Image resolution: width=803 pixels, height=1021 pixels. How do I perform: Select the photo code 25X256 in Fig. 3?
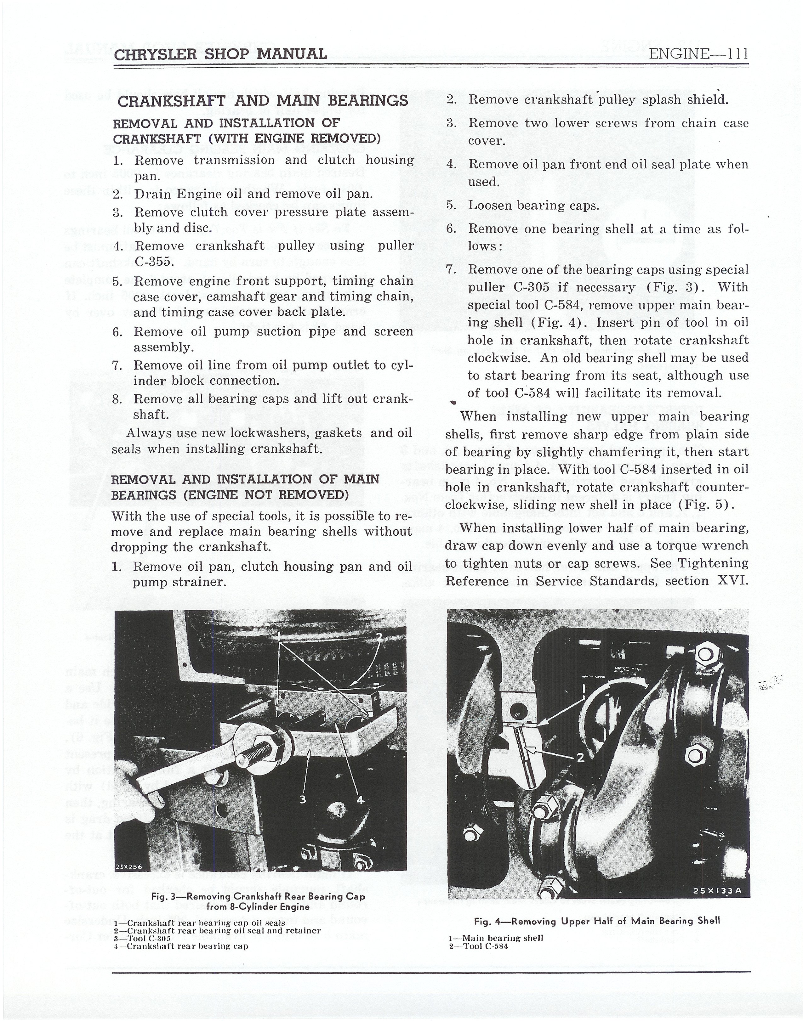tap(129, 867)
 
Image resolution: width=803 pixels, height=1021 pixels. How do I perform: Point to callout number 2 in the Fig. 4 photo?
tap(580, 758)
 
